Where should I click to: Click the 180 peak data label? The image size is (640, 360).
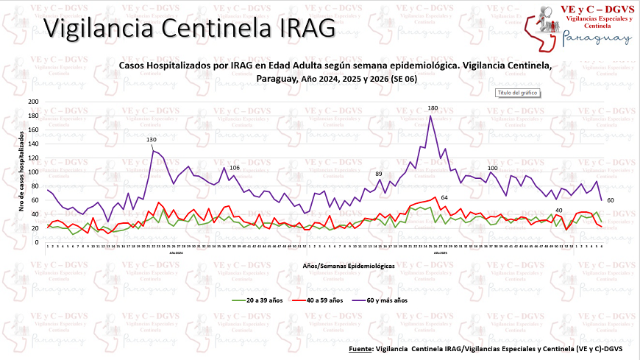(433, 108)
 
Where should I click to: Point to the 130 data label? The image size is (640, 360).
(152, 140)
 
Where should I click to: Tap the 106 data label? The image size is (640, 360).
(235, 168)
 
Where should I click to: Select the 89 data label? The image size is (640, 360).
(378, 173)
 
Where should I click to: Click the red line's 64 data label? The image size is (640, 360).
(444, 197)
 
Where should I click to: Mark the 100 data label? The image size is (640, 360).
(493, 169)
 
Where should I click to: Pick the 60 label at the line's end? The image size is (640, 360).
(609, 200)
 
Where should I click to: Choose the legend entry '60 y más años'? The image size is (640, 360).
(388, 300)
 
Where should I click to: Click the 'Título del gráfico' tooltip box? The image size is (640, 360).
(518, 93)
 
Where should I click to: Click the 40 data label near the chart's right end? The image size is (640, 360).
(559, 211)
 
